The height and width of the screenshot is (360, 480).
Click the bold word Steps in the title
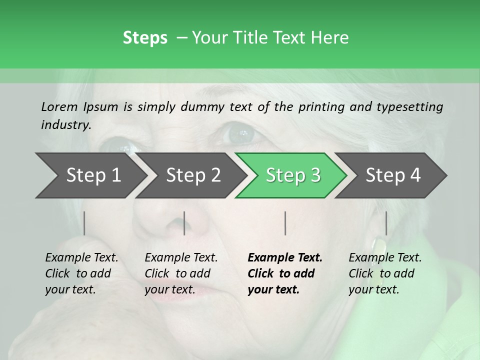tap(145, 38)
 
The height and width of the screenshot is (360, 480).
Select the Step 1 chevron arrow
tap(90, 175)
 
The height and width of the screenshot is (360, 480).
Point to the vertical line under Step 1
tap(84, 223)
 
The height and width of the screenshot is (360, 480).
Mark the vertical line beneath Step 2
tap(184, 223)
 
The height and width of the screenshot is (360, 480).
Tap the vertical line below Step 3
tap(285, 223)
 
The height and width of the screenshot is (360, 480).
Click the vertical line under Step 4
tap(386, 223)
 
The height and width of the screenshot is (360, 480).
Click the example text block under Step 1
tap(81, 273)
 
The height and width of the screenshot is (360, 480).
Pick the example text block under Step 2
tap(181, 273)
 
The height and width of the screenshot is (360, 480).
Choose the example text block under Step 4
tap(385, 273)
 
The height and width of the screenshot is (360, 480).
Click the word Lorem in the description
tap(59, 107)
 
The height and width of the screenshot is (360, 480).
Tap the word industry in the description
tap(65, 125)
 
